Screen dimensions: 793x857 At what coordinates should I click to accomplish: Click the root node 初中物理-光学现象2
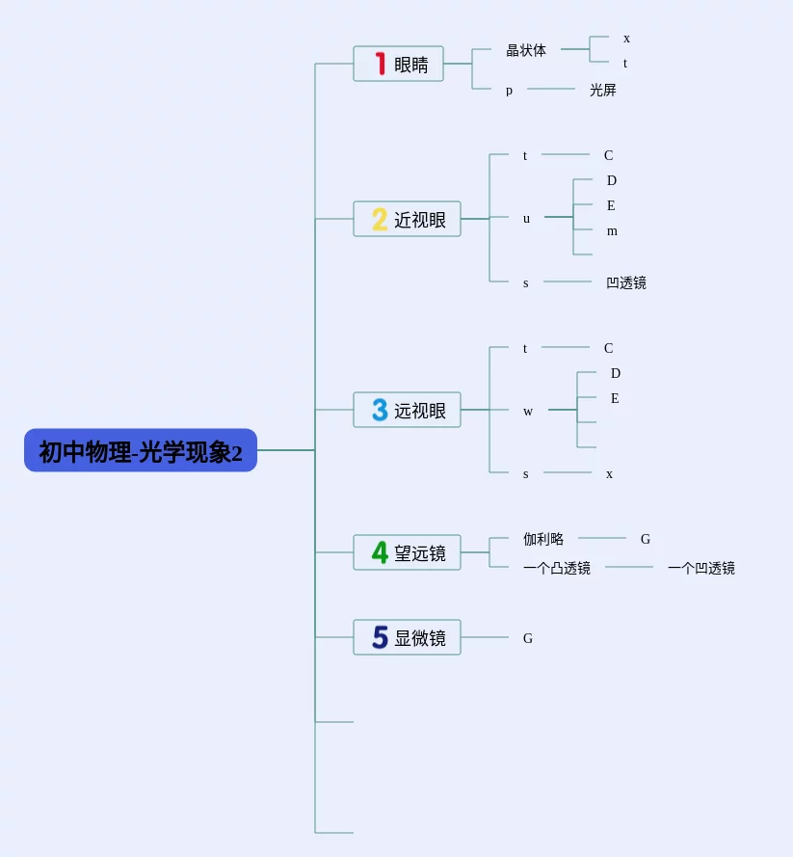tap(141, 450)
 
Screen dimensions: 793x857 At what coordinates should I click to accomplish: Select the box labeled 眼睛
tap(398, 64)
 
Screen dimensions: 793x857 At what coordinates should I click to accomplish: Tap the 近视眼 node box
tap(407, 219)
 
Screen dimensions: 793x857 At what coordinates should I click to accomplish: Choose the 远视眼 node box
tap(407, 410)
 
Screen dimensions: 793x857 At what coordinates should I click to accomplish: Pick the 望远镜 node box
tap(407, 552)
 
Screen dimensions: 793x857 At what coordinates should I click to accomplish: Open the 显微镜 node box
tap(407, 637)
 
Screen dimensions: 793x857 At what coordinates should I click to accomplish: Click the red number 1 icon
tap(381, 64)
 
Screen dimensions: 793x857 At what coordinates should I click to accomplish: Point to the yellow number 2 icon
tap(380, 219)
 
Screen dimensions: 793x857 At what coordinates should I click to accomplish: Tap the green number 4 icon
tap(380, 552)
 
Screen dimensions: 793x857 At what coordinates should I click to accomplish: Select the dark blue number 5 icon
tap(380, 637)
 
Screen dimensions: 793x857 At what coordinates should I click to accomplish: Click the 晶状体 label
tap(526, 50)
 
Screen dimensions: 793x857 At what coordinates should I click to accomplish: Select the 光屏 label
tap(603, 90)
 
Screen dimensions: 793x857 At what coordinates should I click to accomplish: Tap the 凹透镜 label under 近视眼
tap(626, 282)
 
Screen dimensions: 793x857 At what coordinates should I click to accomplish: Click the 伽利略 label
tap(543, 539)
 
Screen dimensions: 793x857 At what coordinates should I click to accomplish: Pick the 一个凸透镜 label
tap(557, 568)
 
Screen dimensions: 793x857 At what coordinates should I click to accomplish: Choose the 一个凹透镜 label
tap(701, 568)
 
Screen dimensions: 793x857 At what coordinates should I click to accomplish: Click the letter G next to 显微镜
tap(528, 638)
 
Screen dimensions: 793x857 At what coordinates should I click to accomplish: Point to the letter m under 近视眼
tap(612, 231)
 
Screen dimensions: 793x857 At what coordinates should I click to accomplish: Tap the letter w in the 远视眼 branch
tap(528, 412)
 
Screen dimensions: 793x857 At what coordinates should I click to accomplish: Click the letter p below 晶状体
tap(509, 91)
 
